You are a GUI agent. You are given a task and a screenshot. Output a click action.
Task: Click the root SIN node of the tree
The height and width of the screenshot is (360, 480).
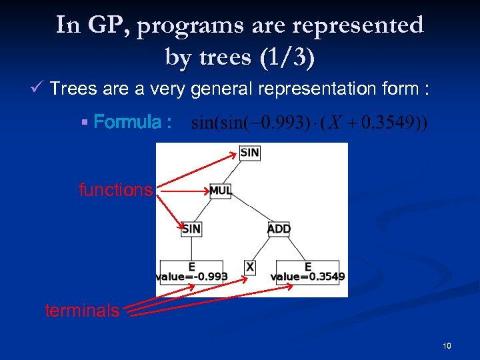249,153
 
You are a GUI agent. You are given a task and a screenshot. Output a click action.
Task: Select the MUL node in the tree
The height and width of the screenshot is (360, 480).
221,191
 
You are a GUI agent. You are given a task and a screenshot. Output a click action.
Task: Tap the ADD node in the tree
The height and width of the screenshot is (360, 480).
279,229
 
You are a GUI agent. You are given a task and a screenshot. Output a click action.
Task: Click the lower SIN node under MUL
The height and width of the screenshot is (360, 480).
191,229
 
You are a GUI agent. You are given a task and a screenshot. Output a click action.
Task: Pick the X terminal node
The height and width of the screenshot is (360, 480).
250,267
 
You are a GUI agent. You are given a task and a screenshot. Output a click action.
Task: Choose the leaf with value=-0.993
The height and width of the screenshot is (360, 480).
192,271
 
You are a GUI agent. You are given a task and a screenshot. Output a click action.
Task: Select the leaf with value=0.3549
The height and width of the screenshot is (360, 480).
308,271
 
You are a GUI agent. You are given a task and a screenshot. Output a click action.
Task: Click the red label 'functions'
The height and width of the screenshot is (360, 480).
115,190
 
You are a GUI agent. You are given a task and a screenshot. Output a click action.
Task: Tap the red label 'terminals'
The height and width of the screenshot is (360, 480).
82,310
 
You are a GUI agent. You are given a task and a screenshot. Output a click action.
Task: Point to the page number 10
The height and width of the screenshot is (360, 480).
446,345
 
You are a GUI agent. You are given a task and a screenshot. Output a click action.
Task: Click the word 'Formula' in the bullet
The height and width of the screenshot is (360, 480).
127,122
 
